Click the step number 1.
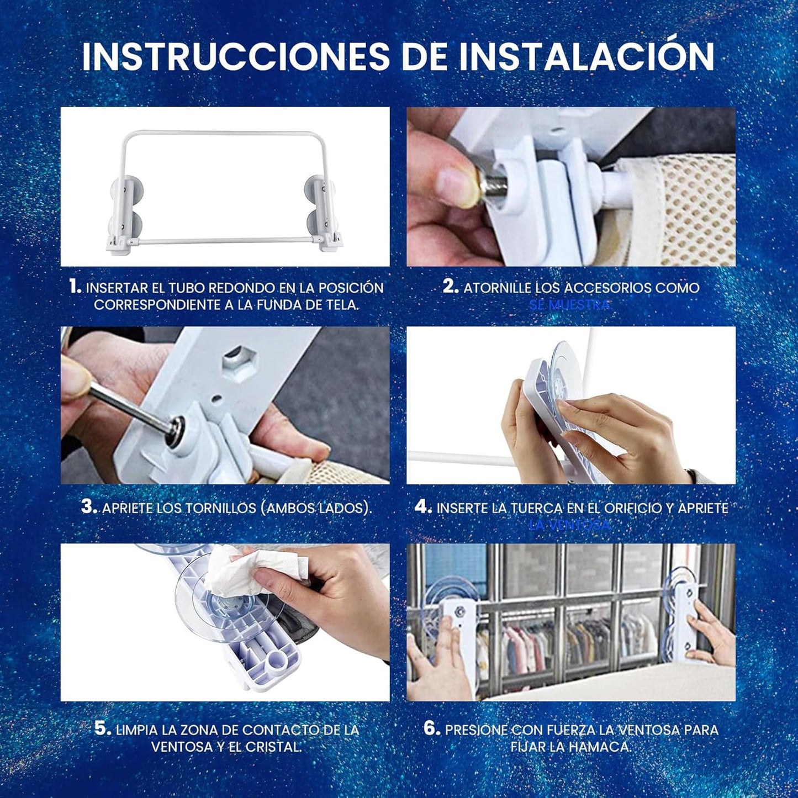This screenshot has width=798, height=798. point(75,287)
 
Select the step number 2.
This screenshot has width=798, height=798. point(451,287)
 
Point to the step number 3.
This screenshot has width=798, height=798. point(89,507)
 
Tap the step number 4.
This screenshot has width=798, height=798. point(423,507)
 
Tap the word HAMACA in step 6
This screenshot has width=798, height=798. point(599,747)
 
